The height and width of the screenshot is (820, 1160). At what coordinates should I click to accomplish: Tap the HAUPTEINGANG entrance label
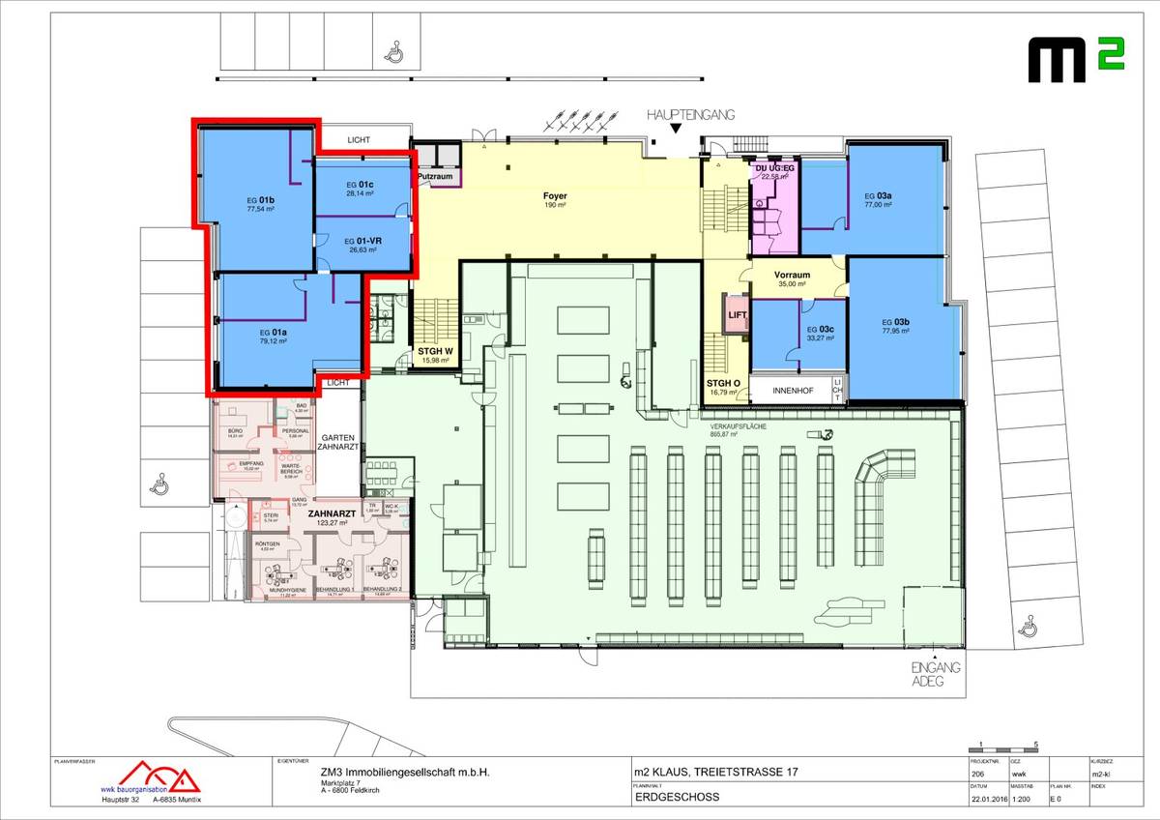690,114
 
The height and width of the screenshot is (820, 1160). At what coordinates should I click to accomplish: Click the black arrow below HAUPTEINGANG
676,129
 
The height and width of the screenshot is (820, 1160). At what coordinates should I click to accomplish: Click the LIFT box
738,315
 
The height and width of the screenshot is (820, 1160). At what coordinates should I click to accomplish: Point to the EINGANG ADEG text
934,674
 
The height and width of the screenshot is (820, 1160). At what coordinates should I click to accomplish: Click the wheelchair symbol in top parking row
393,51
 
